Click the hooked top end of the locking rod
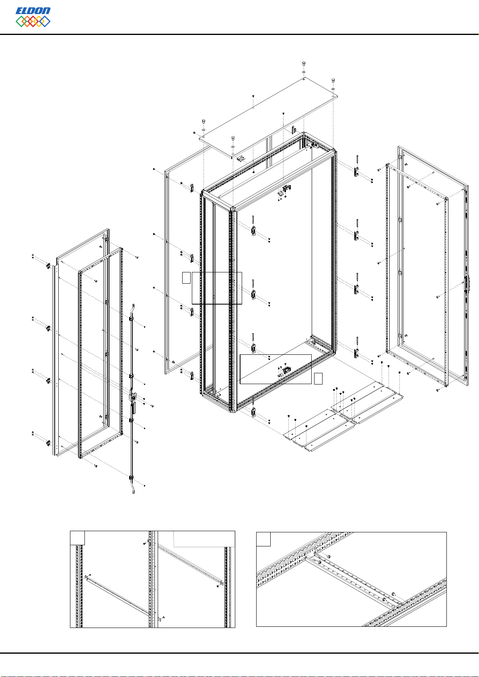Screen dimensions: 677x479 coord(132,307)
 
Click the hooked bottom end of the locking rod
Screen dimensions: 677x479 coord(133,490)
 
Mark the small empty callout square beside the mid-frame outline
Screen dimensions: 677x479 coord(186,278)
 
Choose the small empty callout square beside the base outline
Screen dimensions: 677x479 coord(318,378)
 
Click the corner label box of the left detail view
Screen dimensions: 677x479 coord(77,538)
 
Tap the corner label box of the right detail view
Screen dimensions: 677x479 coord(263,539)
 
